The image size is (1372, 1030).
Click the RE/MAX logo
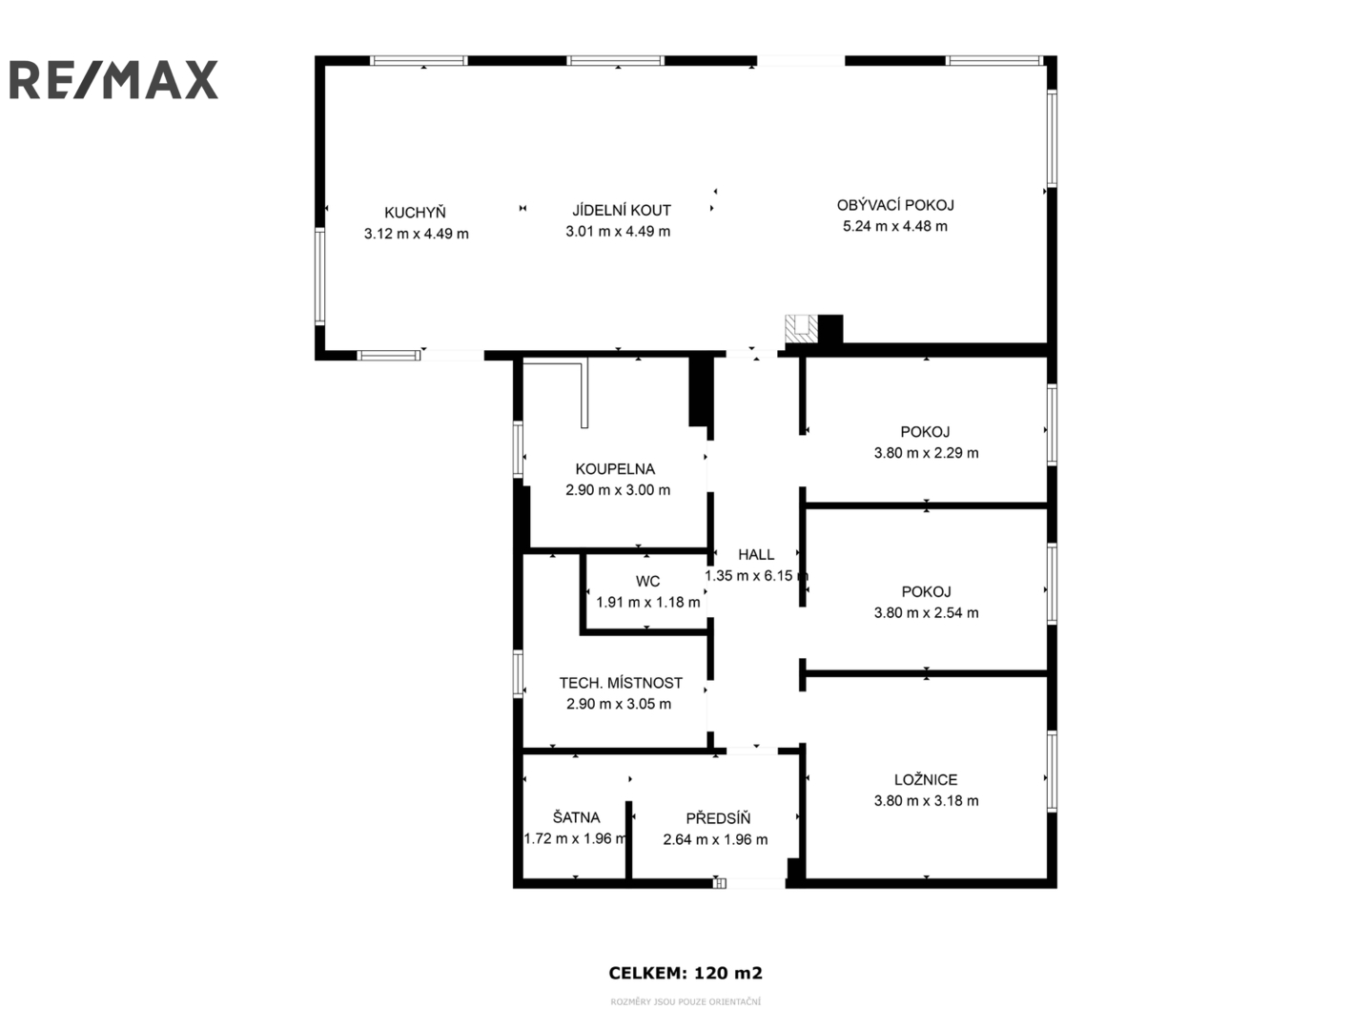coord(113,80)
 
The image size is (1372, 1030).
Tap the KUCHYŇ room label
coord(415,213)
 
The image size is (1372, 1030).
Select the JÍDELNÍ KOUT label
coord(622,210)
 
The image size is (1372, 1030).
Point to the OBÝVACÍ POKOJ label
coord(895,205)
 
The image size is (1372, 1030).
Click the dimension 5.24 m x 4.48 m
coord(895,226)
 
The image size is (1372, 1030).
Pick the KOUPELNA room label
coord(615,469)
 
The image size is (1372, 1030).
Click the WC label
coord(647,581)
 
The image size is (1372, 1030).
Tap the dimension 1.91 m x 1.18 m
coord(648,603)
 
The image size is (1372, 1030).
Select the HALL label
coord(756,554)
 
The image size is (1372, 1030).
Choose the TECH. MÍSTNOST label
coord(621,683)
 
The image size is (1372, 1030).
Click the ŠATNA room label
coord(576,817)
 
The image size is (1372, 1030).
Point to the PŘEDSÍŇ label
coord(718,818)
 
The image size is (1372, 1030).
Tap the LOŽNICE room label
coord(926,779)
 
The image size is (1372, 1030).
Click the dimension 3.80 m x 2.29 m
coord(927,453)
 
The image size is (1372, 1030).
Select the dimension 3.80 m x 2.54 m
coord(927,613)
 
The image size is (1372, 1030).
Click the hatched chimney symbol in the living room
coord(801,329)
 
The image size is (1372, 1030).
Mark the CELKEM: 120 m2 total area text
coord(686,973)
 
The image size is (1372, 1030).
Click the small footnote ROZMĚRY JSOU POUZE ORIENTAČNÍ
coord(686,1002)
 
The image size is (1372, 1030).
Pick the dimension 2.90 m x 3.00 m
coord(618,490)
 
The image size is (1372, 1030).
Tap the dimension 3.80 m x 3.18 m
coord(927,800)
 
